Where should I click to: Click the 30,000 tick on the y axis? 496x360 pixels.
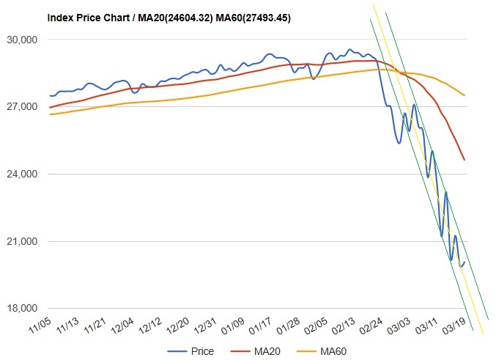[x=22, y=40]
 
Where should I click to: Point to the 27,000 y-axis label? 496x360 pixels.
[x=22, y=107]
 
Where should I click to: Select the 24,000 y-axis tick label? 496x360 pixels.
[x=22, y=175]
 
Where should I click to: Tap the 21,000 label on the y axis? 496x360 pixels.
[x=22, y=242]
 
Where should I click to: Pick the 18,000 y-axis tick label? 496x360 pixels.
[x=22, y=309]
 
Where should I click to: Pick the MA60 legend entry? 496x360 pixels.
[x=324, y=351]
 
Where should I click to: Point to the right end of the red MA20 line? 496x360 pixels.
[x=464, y=159]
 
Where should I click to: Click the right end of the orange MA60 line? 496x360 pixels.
[x=464, y=95]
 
